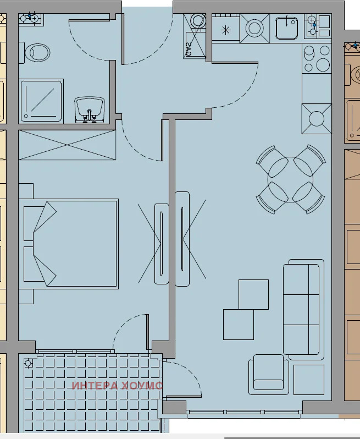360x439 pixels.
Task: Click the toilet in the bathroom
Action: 37,53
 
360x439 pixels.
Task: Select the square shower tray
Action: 41,100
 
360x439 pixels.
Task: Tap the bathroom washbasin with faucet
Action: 90,108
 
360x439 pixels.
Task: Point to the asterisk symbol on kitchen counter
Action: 225,30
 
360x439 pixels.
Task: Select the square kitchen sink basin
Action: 286,27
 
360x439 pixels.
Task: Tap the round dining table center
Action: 290,179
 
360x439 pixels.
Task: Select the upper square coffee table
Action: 254,294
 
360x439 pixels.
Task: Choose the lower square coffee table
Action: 239,324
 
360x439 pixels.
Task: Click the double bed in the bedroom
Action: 70,244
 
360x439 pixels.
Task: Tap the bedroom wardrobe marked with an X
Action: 67,145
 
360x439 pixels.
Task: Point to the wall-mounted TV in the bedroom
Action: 162,243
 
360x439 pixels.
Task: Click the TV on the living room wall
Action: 182,239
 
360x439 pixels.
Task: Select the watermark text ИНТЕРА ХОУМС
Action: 117,385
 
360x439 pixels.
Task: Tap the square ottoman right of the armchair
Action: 308,379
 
